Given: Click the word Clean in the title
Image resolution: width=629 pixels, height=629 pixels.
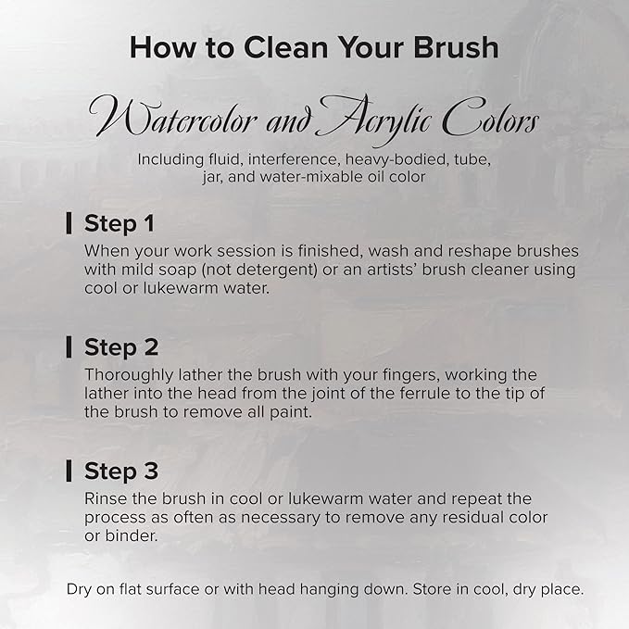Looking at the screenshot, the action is [x=285, y=47].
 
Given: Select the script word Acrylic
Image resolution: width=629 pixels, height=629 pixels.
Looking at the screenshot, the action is [x=374, y=120].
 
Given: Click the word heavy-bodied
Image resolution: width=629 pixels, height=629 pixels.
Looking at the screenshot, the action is [x=396, y=159].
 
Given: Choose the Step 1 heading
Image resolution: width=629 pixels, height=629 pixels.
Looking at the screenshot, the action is [x=120, y=223].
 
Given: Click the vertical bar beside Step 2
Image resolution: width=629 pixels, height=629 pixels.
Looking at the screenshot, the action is [x=69, y=347].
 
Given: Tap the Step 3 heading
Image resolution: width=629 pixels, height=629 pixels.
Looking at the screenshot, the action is [x=121, y=471].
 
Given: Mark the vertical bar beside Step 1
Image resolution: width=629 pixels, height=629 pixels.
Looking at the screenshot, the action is [x=69, y=223].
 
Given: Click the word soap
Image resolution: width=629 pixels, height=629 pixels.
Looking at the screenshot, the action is [x=177, y=270].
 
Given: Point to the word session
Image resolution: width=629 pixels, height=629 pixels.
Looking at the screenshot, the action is [x=246, y=251].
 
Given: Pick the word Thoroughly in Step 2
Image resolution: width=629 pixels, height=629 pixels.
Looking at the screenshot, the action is [x=129, y=375].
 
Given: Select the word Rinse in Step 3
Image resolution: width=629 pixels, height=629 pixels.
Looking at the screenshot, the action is [x=106, y=498].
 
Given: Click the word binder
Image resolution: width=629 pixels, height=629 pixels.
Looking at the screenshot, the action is [x=132, y=535].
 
